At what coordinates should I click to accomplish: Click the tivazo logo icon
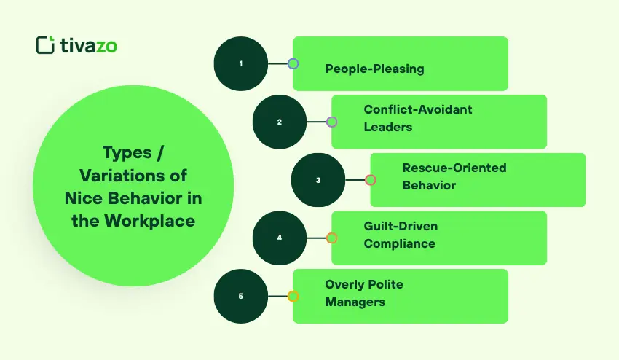point(45,44)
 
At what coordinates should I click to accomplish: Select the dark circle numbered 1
point(241,63)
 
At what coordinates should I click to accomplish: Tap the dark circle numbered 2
point(280,122)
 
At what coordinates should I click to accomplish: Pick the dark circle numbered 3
point(318,180)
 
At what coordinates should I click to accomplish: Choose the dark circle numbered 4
point(280,238)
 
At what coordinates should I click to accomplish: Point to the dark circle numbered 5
point(241,296)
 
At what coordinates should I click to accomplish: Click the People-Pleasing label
point(374,69)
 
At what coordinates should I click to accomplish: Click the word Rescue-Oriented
point(454,168)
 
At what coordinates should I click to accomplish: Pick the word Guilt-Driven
point(401,226)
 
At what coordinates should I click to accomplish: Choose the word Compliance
point(400,243)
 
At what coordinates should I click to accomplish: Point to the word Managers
point(355,302)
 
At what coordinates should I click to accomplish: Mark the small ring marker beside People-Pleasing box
point(293,63)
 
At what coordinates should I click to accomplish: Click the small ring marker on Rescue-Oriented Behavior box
point(370,180)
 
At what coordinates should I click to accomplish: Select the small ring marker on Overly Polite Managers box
point(293,296)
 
